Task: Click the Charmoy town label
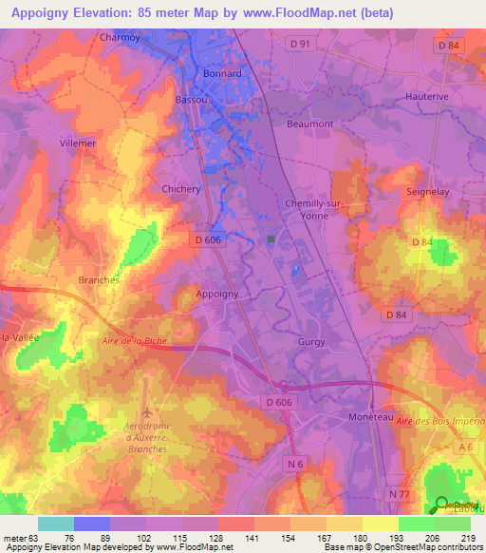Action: (121, 39)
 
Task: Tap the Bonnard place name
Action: (223, 73)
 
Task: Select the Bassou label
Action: (193, 99)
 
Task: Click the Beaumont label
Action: (309, 124)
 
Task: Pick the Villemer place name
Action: (78, 143)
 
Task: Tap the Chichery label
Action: (181, 189)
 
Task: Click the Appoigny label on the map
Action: (216, 295)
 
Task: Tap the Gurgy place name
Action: (311, 342)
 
